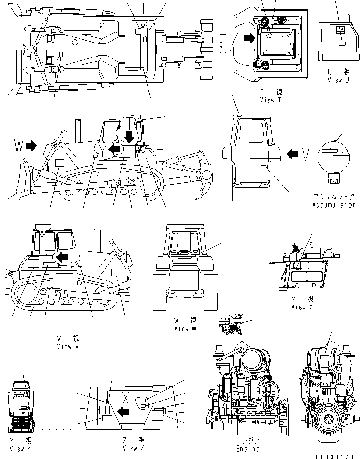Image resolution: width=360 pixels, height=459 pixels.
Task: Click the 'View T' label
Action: click(x=271, y=100)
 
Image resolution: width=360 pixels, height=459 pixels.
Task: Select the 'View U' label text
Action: click(x=338, y=80)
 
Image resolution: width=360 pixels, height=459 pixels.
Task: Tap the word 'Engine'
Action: click(x=247, y=449)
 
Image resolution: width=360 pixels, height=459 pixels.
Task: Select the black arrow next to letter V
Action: click(x=292, y=153)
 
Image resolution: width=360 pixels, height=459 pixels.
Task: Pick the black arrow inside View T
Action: click(x=250, y=39)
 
